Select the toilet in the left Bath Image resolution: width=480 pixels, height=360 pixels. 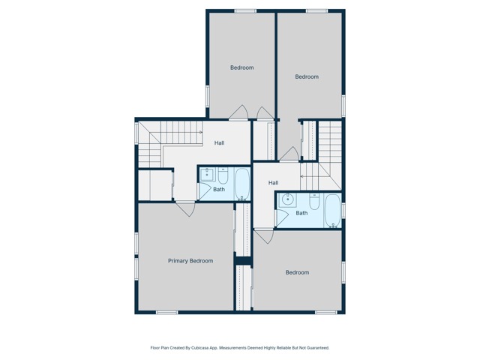pyautogui.click(x=223, y=175)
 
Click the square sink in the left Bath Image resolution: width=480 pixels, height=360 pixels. pyautogui.click(x=208, y=175)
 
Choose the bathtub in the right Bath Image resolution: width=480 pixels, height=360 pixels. pyautogui.click(x=332, y=211)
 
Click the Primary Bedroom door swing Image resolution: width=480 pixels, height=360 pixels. pyautogui.click(x=186, y=208)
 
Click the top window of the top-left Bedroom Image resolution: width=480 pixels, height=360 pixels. pyautogui.click(x=245, y=10)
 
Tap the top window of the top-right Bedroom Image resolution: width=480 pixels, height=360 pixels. pyautogui.click(x=316, y=10)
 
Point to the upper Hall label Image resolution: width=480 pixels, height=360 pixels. pyautogui.click(x=219, y=143)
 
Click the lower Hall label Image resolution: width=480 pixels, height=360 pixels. pyautogui.click(x=273, y=183)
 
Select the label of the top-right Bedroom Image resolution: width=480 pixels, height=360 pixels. pyautogui.click(x=307, y=76)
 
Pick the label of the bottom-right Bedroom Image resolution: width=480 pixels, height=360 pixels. pyautogui.click(x=297, y=272)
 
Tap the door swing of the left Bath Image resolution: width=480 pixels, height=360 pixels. pyautogui.click(x=203, y=191)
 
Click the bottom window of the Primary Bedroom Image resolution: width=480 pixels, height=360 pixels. pyautogui.click(x=166, y=312)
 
